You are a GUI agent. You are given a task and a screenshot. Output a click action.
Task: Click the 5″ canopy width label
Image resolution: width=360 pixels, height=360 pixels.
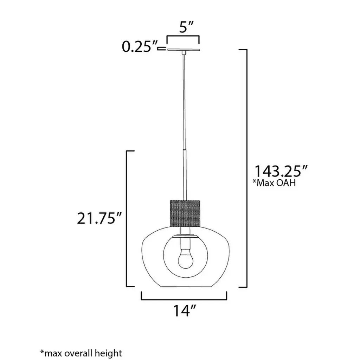[x=186, y=27]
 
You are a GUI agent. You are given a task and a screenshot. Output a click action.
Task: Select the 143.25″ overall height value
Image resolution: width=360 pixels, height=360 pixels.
[x=281, y=171]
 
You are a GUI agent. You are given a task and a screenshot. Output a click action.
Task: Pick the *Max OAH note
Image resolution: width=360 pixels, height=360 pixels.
[x=274, y=183]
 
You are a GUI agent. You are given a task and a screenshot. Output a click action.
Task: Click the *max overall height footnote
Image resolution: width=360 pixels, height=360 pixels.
[x=81, y=353]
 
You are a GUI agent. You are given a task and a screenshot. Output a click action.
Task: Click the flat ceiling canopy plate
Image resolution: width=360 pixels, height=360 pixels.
[x=184, y=50]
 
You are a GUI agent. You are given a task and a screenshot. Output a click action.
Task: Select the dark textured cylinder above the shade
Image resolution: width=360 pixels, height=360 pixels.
[x=185, y=213]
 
